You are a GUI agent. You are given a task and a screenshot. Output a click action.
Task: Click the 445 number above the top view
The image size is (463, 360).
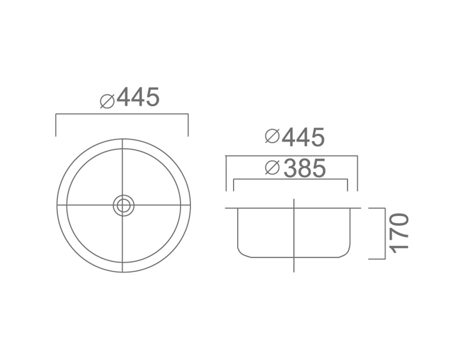point(138,97)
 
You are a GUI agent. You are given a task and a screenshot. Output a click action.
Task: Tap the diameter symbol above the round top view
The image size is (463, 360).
point(107,101)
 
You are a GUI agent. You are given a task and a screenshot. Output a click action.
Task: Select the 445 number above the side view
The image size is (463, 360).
point(303,137)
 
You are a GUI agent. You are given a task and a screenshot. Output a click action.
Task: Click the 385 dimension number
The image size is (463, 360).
point(305,168)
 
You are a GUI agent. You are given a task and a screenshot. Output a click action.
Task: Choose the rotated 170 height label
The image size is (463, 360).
point(399,232)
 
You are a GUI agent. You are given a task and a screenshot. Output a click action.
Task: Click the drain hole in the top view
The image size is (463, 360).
point(123,205)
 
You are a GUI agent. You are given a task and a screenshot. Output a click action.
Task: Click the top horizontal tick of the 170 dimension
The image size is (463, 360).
point(377,208)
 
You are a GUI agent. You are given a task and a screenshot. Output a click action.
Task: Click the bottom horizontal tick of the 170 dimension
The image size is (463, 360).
point(377,259)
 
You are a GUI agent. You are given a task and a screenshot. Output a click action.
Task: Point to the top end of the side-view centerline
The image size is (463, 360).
point(293,200)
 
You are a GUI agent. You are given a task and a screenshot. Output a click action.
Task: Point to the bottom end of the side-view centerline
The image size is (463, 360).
point(293,271)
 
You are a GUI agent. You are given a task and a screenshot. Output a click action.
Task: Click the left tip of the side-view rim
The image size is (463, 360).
point(226,208)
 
